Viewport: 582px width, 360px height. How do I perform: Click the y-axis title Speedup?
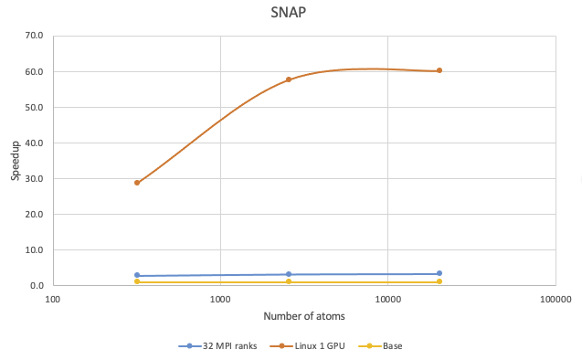16,161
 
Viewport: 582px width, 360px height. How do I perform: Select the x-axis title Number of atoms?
304,316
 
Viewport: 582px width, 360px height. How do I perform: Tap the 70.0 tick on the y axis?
34,37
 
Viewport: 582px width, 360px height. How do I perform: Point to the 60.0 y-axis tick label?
34,72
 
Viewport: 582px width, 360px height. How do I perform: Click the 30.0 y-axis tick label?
34,179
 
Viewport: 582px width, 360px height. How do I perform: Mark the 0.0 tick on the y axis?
37,286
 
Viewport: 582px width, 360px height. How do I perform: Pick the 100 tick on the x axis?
53,299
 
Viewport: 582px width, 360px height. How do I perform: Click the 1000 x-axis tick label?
220,299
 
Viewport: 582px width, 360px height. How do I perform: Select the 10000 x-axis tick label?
387,299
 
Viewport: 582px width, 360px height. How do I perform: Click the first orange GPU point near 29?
137,183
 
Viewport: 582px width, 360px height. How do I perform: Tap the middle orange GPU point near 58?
289,79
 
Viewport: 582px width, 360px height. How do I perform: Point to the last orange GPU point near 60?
439,70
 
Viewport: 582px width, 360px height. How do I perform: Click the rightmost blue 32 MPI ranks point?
439,273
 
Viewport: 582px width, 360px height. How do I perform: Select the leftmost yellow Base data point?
137,281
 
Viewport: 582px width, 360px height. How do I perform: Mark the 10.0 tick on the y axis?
34,250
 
